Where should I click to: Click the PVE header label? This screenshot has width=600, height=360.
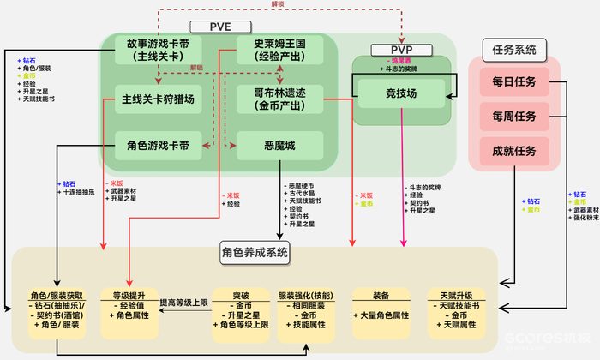[222, 26]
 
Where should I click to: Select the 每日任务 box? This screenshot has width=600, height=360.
[513, 84]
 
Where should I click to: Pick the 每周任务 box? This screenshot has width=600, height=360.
[513, 117]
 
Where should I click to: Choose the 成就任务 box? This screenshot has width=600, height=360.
[513, 151]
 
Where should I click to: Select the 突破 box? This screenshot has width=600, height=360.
[243, 308]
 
